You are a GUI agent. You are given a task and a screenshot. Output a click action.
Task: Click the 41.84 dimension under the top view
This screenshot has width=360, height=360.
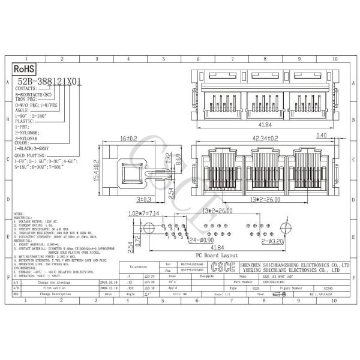click(262, 126)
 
